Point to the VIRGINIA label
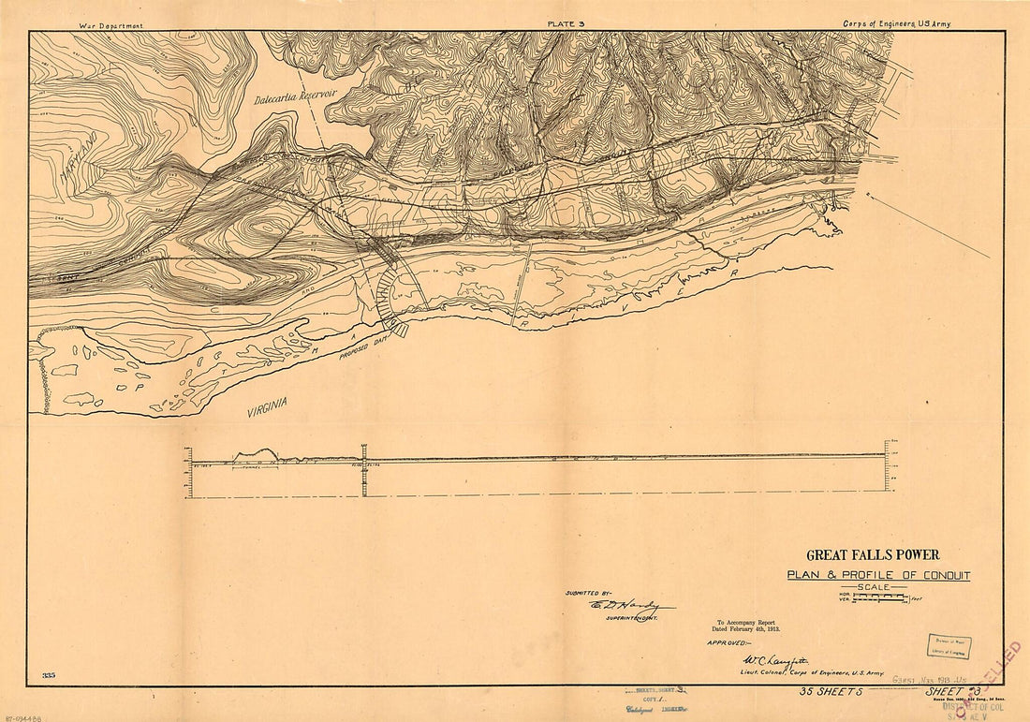point(268,405)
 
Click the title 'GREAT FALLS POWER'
point(873,555)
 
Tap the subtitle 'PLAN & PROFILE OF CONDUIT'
point(878,575)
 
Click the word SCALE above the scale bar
point(873,587)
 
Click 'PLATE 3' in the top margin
point(566,24)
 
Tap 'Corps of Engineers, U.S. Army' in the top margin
point(895,24)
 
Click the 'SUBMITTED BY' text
point(588,593)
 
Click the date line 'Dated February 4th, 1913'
point(748,629)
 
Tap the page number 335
point(49,675)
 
